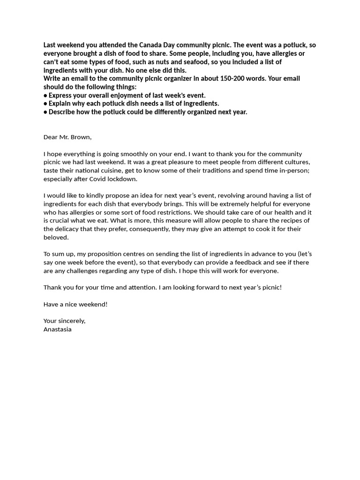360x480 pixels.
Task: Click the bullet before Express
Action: [x=45, y=95]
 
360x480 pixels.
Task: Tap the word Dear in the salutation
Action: [x=50, y=137]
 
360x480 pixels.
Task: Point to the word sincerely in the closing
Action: [x=72, y=321]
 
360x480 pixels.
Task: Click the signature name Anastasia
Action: [x=58, y=329]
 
